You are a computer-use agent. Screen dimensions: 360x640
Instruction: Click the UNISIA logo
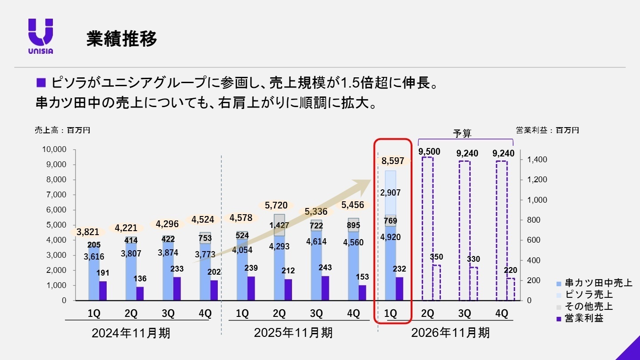40,36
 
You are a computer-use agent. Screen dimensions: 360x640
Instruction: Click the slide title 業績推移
121,39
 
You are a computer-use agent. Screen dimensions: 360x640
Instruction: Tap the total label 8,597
392,161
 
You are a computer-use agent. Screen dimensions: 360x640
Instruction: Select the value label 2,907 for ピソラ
391,193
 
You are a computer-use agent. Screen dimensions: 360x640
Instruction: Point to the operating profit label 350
436,257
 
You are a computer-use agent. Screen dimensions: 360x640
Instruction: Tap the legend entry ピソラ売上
588,295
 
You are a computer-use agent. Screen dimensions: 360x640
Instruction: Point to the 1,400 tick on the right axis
537,160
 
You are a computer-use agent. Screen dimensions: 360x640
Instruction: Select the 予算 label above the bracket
462,133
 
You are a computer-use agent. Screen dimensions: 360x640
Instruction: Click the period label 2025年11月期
293,333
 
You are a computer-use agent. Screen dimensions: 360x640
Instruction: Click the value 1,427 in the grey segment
279,225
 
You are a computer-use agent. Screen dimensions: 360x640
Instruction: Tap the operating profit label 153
362,276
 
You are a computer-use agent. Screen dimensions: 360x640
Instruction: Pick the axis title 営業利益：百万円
548,130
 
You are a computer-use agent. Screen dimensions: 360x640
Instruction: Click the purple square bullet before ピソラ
41,82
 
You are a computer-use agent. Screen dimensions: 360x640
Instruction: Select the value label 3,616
94,256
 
